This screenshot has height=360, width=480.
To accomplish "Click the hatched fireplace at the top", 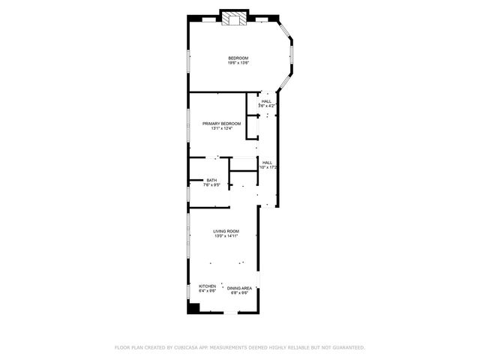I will [232, 18].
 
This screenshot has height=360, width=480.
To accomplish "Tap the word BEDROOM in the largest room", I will [238, 58].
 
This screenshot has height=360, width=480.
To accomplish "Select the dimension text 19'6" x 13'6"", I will [238, 63].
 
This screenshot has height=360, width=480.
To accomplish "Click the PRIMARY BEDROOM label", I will [221, 123].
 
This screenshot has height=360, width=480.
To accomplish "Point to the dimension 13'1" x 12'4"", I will [221, 128].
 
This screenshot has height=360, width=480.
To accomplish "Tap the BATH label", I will [211, 180].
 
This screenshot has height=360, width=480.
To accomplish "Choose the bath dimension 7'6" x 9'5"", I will [211, 184].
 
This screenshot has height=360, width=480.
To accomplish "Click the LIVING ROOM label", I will [226, 231].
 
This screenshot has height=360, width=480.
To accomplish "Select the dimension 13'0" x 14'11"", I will [226, 236].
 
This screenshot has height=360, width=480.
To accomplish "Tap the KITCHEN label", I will [207, 286].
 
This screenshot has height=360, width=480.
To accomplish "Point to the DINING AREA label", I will [240, 288].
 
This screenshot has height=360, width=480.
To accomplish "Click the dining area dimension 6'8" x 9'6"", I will [240, 292].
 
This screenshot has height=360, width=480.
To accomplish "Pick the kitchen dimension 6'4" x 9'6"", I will [207, 290].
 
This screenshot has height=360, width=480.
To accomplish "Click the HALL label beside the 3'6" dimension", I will [266, 101].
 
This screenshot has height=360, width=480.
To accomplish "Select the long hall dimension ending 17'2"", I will [268, 167].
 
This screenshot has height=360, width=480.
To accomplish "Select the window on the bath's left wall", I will [187, 192].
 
